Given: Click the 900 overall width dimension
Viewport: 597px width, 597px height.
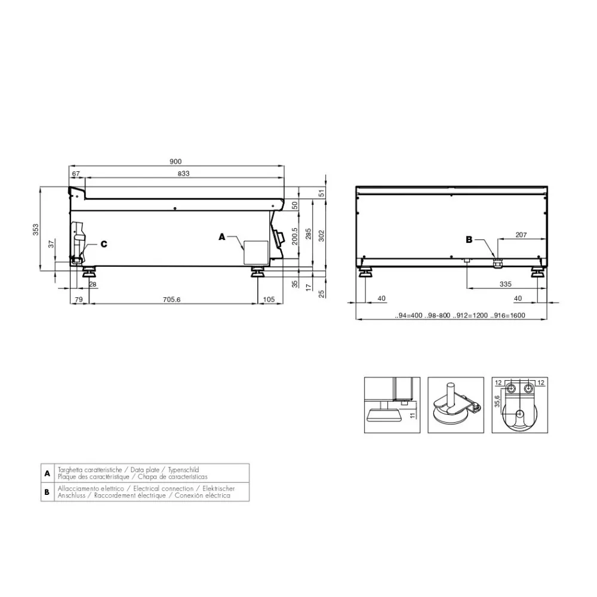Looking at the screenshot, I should [176, 161].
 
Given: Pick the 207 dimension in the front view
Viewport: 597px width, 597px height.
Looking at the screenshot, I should [520, 235].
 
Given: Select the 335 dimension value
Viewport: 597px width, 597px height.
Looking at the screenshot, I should [505, 285].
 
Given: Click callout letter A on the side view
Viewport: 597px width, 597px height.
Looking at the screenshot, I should [222, 237].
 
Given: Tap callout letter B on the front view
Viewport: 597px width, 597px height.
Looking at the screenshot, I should [469, 240].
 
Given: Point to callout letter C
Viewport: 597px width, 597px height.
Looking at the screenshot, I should [104, 244].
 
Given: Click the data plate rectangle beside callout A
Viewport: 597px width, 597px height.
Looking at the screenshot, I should [255, 252].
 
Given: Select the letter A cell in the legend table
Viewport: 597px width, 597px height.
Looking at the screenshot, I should [47, 473].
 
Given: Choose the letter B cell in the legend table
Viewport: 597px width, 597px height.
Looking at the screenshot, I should [47, 492].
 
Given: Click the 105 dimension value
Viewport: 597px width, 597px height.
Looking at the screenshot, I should [269, 299].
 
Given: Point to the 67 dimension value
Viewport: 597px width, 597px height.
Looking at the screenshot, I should [76, 173].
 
